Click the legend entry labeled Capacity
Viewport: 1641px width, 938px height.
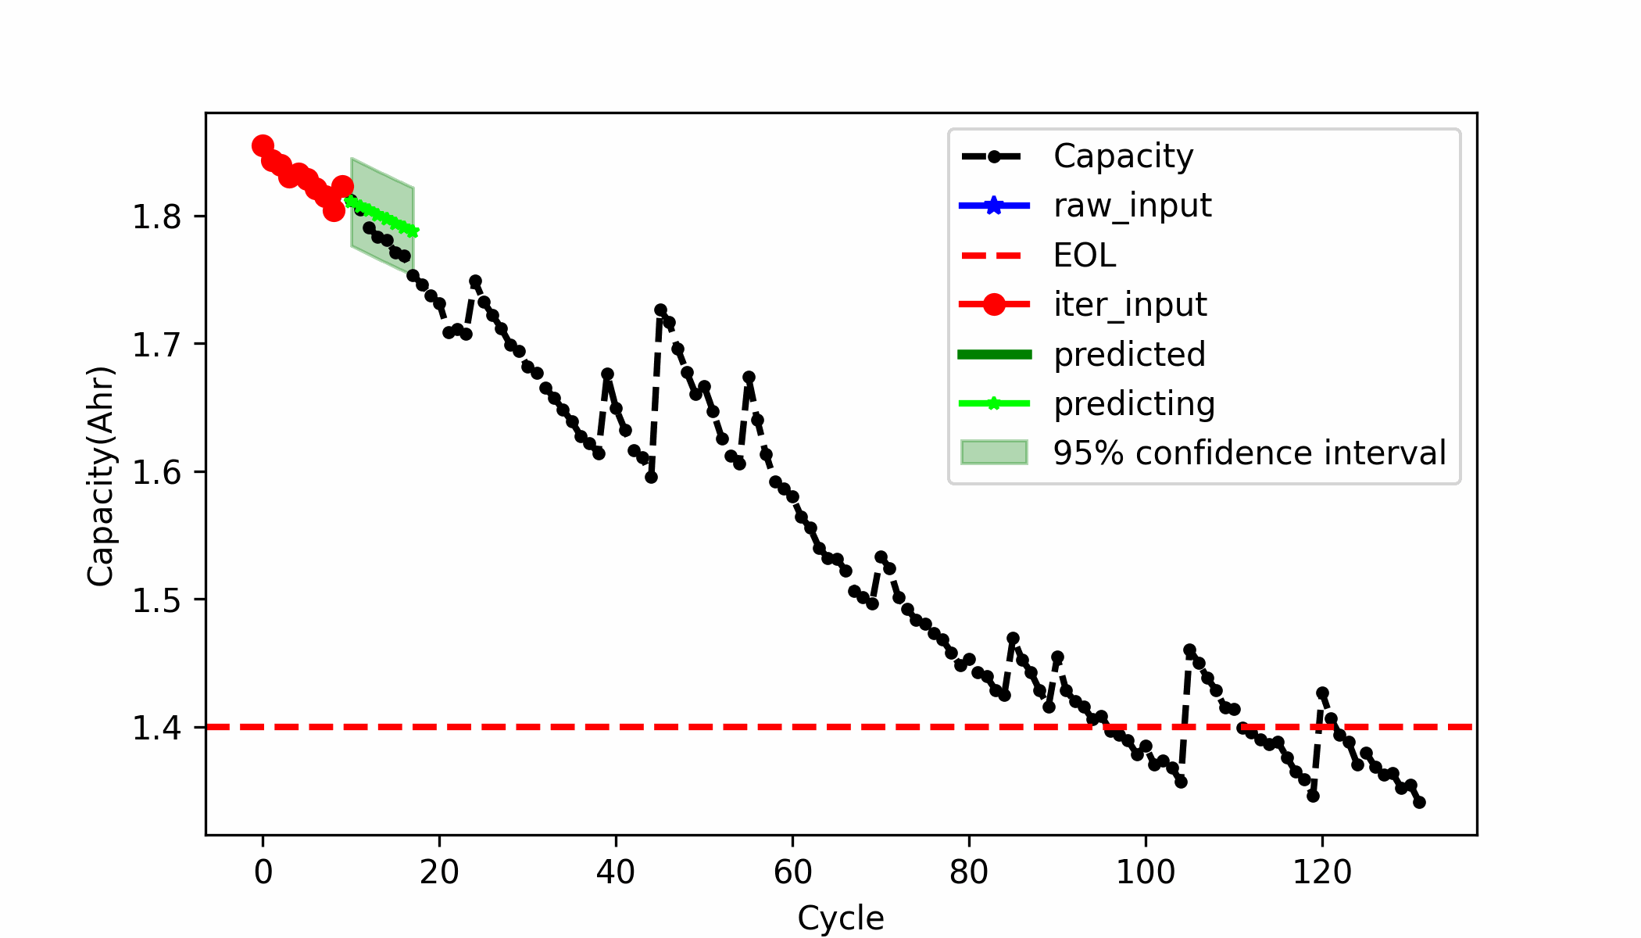[x=1123, y=156]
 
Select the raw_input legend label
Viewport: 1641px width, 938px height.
[x=1132, y=206]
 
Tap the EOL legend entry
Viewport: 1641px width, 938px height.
[x=1085, y=256]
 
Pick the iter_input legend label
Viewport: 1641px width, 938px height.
[x=1130, y=305]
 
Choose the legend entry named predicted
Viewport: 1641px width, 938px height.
[x=1129, y=355]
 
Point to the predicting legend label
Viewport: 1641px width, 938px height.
[x=1134, y=404]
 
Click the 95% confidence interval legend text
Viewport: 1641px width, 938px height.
[x=1250, y=453]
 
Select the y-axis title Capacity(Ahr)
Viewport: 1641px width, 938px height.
[x=101, y=476]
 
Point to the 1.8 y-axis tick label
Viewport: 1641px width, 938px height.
[x=156, y=217]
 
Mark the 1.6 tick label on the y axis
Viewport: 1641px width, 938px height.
[x=156, y=473]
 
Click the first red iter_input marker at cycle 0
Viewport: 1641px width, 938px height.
[x=263, y=145]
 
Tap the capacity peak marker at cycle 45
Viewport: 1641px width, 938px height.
[x=660, y=310]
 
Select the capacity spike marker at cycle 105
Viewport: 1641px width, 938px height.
[x=1189, y=650]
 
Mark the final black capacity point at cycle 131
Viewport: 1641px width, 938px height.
[x=1419, y=802]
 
